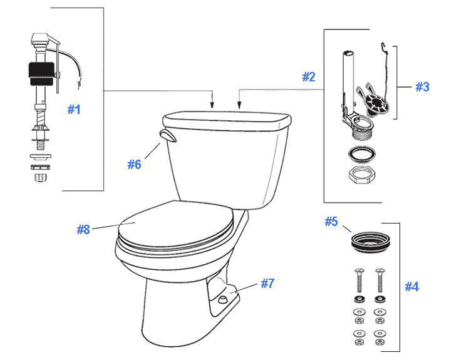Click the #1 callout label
coord(75,110)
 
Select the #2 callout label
coord(309,77)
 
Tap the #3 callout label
coord(423,87)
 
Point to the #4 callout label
coord(411,287)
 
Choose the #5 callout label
coord(331,222)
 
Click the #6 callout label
coord(135,165)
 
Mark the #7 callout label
coord(267,284)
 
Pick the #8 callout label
coord(83,230)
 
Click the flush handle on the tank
coord(168,137)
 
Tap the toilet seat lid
coord(175,222)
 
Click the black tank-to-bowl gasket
coord(366,240)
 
